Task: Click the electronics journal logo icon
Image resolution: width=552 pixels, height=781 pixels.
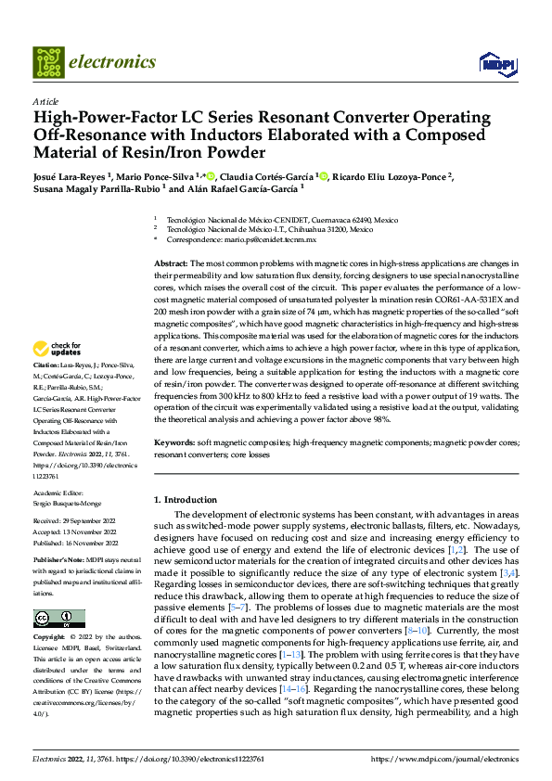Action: pos(49,62)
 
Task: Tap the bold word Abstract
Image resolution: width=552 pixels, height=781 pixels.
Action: pos(170,264)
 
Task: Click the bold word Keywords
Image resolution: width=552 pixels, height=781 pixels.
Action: pos(173,443)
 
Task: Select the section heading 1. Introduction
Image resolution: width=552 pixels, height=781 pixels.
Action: pos(185,500)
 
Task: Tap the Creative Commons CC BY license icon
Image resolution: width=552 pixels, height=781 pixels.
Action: pos(58,618)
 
